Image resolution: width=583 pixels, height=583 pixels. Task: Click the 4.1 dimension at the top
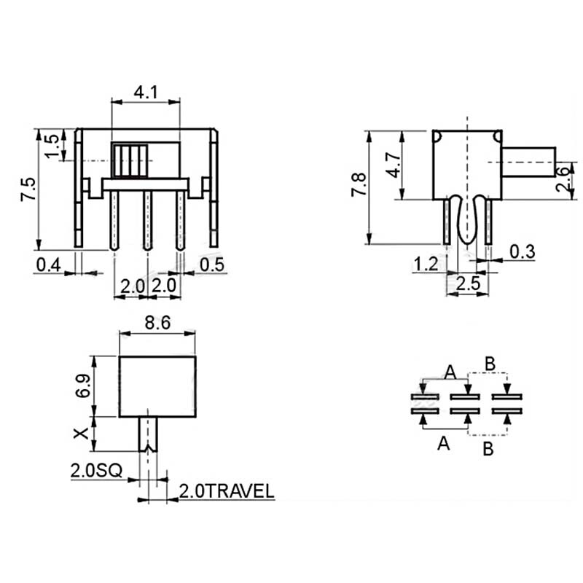coord(145,92)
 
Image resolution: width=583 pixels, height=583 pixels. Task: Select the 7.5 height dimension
coord(28,189)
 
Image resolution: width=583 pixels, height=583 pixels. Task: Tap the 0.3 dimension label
coord(522,252)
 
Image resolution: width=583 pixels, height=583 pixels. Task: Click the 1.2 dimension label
coord(426,264)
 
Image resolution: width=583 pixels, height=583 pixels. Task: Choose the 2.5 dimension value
coord(466,284)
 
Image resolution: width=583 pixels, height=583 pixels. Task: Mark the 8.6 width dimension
coord(157,325)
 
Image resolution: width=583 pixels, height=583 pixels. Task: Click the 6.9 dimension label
coord(82,386)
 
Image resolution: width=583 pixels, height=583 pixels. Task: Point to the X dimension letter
coord(82,434)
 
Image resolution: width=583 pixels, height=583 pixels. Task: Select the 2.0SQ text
coord(96,471)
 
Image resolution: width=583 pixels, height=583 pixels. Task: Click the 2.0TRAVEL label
coord(227,491)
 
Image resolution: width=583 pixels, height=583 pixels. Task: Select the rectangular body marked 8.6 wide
coord(157,386)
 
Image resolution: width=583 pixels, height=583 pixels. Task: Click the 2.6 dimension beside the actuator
coord(562,179)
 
